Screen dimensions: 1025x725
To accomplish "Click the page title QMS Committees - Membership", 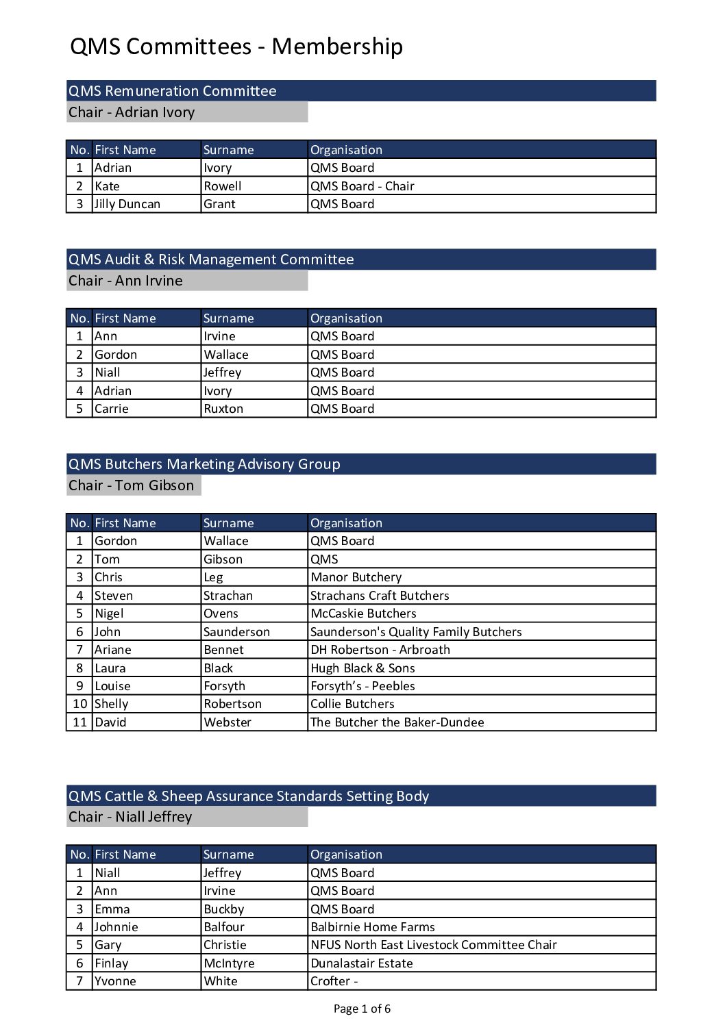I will pyautogui.click(x=236, y=47).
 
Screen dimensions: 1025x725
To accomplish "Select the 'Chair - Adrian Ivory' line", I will pyautogui.click(x=132, y=112).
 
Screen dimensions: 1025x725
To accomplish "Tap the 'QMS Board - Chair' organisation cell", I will pyautogui.click(x=362, y=186).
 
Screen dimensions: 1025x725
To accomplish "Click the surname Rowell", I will pyautogui.click(x=223, y=186).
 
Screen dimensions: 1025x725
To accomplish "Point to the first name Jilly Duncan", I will pyautogui.click(x=127, y=204).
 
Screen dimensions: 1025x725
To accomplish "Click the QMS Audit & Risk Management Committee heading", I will pyautogui.click(x=211, y=260).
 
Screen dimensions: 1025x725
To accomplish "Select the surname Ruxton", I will pyautogui.click(x=223, y=409).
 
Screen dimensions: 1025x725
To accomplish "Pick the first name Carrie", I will pyautogui.click(x=112, y=409).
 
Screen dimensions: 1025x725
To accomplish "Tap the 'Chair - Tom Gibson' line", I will pyautogui.click(x=132, y=485).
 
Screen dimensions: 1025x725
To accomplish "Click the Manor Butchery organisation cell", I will pyautogui.click(x=356, y=577).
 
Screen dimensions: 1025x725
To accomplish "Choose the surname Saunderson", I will pyautogui.click(x=237, y=632).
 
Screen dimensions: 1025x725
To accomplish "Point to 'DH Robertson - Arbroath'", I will pyautogui.click(x=380, y=650).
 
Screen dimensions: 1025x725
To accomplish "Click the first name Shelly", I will pyautogui.click(x=112, y=704).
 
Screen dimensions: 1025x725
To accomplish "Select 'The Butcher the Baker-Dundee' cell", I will pyautogui.click(x=397, y=722).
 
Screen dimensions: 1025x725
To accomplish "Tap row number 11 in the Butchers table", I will pyautogui.click(x=80, y=722).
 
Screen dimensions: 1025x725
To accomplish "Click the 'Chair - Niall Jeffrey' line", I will pyautogui.click(x=130, y=817).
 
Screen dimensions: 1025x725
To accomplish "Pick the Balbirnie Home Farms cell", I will pyautogui.click(x=373, y=927).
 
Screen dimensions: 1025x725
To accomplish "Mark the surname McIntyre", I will pyautogui.click(x=229, y=963).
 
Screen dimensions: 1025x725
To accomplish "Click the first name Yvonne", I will pyautogui.click(x=116, y=981).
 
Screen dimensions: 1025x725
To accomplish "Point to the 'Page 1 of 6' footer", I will pyautogui.click(x=362, y=1009).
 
